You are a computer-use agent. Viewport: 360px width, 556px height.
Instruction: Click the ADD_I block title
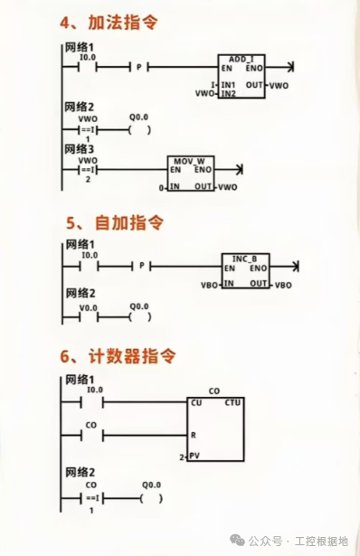[242, 60]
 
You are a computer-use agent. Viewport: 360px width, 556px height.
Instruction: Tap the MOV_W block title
[189, 161]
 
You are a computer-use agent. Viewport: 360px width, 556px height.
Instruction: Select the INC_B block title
[244, 259]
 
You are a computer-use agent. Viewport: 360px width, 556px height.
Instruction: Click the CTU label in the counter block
[232, 403]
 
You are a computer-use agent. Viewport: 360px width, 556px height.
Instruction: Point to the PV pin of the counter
[194, 456]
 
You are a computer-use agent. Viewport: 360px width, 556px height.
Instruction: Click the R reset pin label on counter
[194, 435]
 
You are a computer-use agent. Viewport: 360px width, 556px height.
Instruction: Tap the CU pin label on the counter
[196, 403]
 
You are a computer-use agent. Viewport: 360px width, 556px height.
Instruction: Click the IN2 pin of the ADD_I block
[228, 94]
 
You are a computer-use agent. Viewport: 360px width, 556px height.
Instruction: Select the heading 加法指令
[123, 23]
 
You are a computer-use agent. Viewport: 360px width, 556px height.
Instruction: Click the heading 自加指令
[129, 223]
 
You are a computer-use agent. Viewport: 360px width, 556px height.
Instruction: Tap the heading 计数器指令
[132, 356]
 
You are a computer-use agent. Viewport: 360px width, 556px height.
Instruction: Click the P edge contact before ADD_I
[139, 67]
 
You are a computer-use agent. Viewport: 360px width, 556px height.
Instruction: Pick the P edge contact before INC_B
[142, 266]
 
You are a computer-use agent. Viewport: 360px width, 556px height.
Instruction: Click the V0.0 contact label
[89, 308]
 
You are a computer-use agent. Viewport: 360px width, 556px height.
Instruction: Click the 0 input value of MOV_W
[161, 188]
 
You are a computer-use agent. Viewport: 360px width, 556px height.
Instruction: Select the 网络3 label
[79, 149]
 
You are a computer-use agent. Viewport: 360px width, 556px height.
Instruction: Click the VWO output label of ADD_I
[279, 86]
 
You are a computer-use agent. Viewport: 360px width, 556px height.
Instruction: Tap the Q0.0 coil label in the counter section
[151, 485]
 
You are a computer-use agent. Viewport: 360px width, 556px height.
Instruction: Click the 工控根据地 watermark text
[321, 542]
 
